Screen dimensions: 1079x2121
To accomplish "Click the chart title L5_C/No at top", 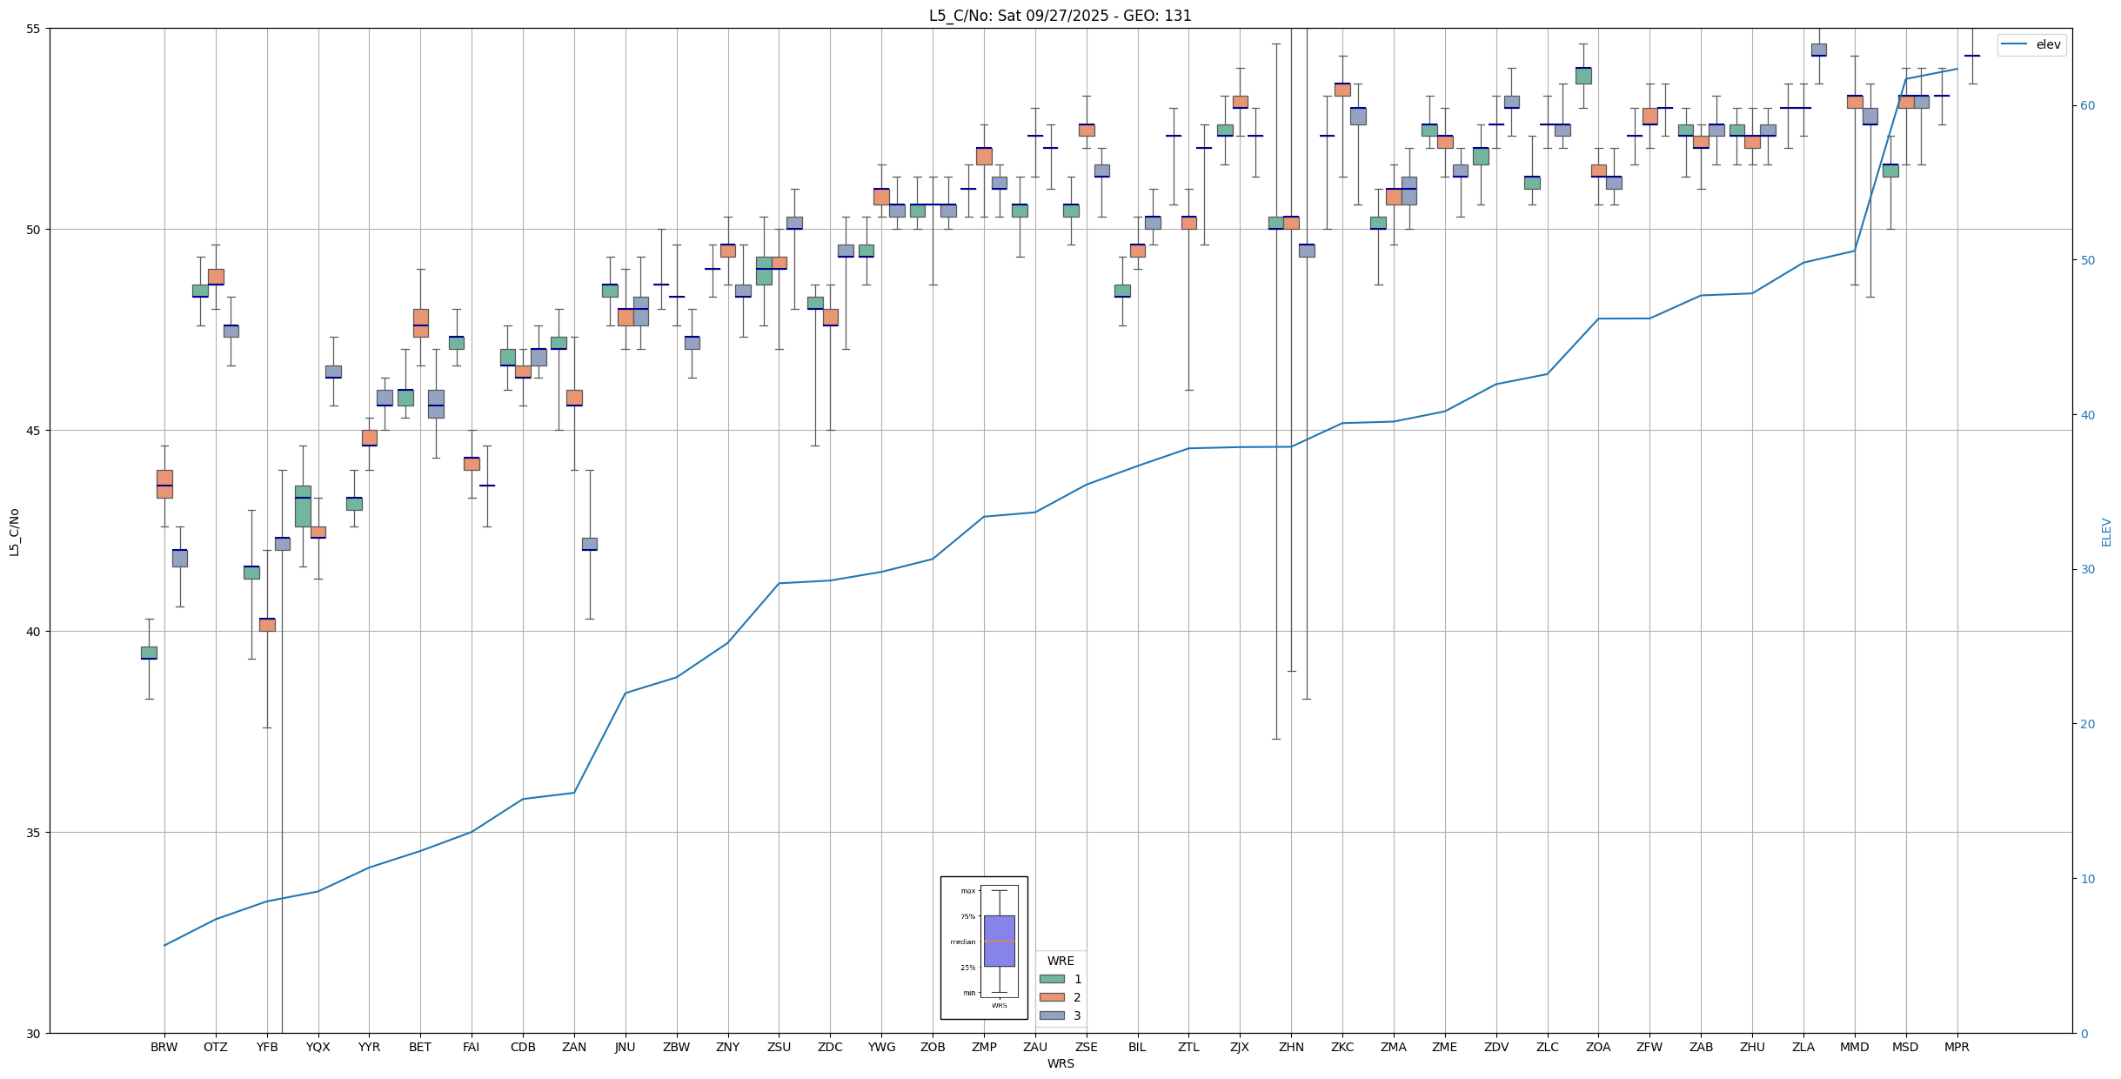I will [1060, 16].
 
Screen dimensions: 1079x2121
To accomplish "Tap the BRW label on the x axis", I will [164, 1047].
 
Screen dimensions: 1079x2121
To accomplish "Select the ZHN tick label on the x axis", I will [1291, 1047].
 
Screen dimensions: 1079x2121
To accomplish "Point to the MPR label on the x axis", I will [1957, 1047].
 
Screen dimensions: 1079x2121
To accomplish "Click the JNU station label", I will [625, 1047].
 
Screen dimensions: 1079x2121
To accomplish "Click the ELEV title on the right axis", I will [2106, 532].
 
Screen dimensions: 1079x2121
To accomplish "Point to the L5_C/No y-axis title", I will [14, 532].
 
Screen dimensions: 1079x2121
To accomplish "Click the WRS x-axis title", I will [1060, 1063].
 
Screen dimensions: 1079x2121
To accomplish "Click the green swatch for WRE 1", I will [1052, 979].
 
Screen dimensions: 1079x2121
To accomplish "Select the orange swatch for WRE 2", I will [1052, 997].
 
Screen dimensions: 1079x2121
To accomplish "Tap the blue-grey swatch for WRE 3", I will [1052, 1015].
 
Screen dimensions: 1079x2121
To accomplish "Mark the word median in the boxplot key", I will [962, 942].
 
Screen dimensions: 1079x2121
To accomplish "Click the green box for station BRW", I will [149, 653].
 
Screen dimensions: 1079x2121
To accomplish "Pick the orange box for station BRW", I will [164, 484].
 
